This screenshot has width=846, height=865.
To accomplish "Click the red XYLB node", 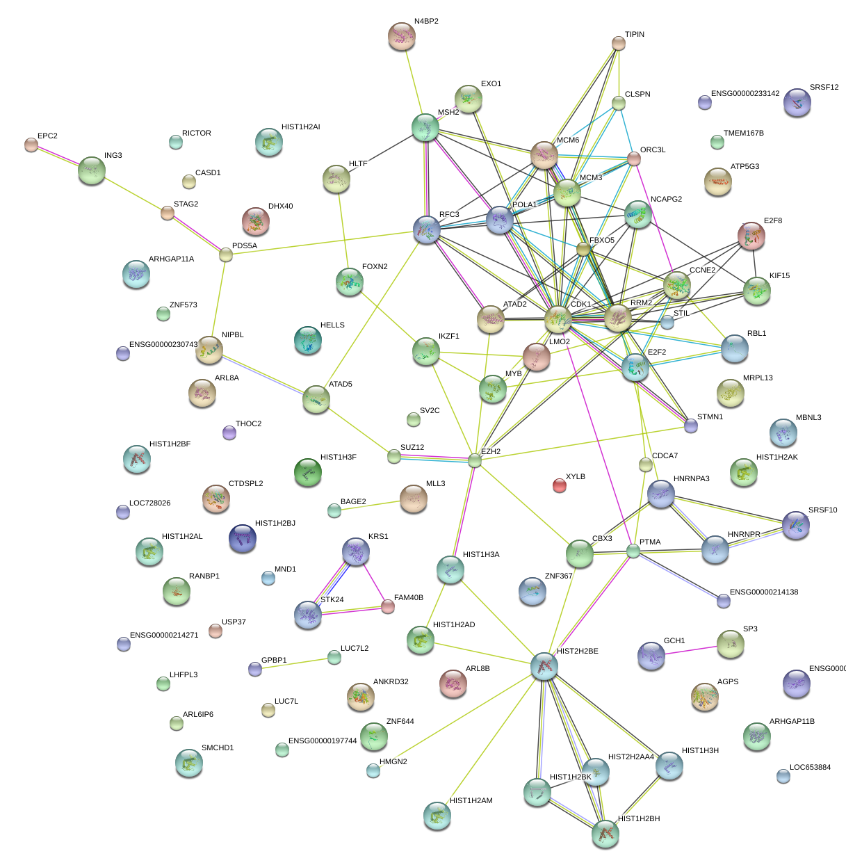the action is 560,485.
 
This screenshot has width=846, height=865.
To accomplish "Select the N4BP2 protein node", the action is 402,36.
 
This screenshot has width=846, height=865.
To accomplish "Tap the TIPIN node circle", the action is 619,43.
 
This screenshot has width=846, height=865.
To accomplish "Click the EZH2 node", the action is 475,460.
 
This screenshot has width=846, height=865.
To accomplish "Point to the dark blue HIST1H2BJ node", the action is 243,537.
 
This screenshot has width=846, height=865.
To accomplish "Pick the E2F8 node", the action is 751,236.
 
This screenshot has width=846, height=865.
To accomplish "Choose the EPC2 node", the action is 31,145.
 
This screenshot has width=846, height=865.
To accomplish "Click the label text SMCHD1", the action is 218,748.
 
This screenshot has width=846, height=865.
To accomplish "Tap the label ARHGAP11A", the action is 171,259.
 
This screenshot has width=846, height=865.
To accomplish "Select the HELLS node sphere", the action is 307,340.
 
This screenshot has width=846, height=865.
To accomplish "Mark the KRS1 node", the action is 356,551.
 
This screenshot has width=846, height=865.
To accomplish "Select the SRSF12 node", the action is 797,103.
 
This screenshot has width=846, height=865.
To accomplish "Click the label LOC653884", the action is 810,768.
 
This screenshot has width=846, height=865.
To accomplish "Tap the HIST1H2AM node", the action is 437,816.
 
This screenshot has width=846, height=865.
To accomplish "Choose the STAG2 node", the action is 168,213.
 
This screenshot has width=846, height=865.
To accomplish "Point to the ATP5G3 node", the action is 718,181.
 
